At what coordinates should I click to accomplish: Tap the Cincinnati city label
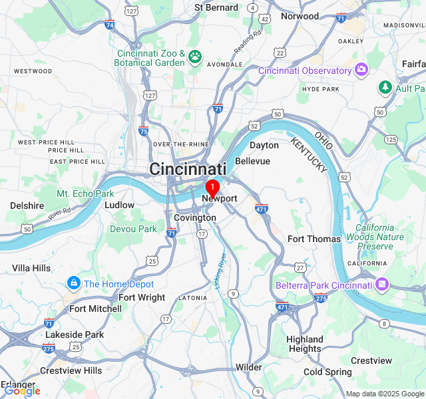[188, 169]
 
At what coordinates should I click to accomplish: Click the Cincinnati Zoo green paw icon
[195, 56]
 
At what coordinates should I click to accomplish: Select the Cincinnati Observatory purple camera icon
[361, 70]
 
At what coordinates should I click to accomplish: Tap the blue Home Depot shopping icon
[73, 284]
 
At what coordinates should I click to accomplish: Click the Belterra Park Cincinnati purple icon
[382, 285]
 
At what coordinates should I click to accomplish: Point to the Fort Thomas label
[314, 239]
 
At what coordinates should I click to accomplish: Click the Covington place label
[194, 217]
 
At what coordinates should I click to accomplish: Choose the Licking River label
[220, 269]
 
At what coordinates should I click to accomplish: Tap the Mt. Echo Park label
[85, 194]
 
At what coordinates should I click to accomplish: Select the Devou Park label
[133, 229]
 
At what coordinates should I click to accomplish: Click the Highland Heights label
[304, 344]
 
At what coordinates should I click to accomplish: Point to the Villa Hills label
[31, 268]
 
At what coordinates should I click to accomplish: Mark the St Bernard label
[216, 7]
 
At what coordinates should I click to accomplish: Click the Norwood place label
[300, 16]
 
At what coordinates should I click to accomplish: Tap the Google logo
[22, 390]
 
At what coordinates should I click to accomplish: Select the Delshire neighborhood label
[27, 206]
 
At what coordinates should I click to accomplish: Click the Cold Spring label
[327, 372]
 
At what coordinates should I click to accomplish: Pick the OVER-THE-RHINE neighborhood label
[182, 144]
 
